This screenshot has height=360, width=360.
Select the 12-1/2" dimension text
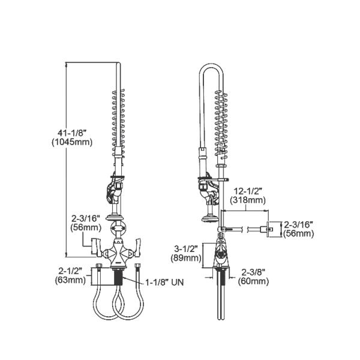coord(248,191)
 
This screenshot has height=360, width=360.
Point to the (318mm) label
coord(248,200)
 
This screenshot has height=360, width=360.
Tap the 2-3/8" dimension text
coord(253,271)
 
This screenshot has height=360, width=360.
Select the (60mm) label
coord(253,280)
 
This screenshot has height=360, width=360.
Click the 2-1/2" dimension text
coord(70,270)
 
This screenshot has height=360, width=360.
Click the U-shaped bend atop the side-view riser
coord(211,69)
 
